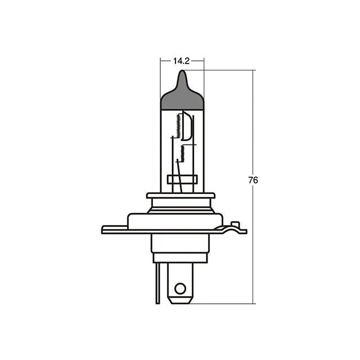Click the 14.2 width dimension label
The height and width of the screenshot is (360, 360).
tap(181, 61)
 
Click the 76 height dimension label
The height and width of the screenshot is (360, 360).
tap(253, 180)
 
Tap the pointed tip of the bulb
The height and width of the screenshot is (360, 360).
tap(182, 70)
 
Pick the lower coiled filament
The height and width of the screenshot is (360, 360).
tap(182, 153)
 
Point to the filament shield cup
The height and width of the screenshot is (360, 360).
tap(186, 125)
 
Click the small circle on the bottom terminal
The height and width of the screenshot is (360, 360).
tap(180, 289)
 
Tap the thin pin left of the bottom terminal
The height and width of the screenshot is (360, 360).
tap(157, 283)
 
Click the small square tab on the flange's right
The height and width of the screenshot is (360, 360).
tap(235, 224)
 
